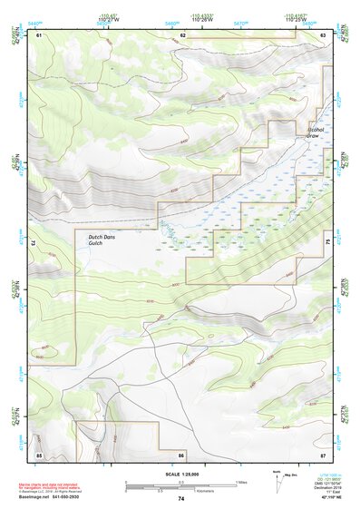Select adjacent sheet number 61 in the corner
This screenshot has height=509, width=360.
tap(39, 34)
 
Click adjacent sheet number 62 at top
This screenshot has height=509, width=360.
tap(182, 34)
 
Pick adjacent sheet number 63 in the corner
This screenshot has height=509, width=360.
tap(323, 34)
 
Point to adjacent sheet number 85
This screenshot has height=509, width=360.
tap(39, 454)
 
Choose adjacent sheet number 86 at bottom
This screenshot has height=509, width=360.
tap(181, 454)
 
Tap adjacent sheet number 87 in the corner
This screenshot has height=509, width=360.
tap(323, 454)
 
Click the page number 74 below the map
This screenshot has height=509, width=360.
tap(181, 499)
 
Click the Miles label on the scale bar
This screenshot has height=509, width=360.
tap(241, 482)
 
